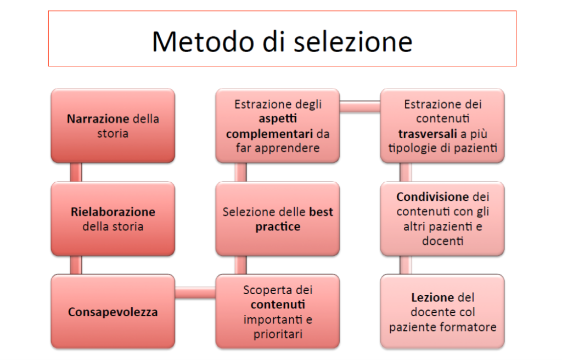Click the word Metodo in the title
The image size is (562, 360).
[204, 42]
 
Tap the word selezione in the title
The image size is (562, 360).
[353, 42]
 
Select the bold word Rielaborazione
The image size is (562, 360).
[113, 212]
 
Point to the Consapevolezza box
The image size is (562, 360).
[113, 312]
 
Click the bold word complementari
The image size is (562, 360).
[269, 134]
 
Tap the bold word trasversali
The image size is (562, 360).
[426, 134]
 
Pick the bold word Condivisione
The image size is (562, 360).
[432, 197]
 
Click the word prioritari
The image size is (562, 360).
[278, 334]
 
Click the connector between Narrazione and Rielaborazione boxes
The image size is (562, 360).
[76, 172]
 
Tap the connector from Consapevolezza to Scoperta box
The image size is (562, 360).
[195, 293]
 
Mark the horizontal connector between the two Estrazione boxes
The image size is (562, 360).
[360, 106]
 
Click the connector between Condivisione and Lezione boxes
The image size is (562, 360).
[406, 266]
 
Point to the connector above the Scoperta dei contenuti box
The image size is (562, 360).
[240, 266]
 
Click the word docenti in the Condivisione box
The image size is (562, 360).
[443, 241]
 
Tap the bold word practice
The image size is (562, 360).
[278, 227]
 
